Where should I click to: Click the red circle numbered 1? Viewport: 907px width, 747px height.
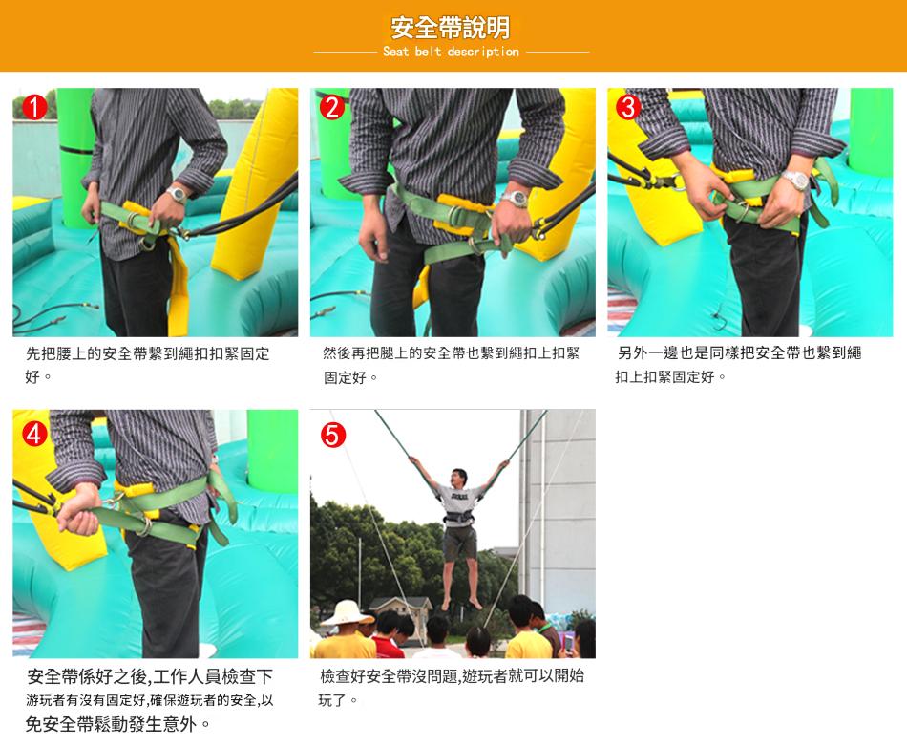(34, 107)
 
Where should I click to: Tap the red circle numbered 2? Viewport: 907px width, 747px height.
(332, 107)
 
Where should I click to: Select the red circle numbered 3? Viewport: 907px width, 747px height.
(629, 107)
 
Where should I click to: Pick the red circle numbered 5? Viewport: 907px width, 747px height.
(332, 435)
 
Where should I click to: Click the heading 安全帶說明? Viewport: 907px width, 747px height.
(451, 27)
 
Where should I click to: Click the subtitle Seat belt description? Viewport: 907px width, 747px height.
(451, 52)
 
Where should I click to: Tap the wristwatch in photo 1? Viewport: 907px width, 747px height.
(177, 194)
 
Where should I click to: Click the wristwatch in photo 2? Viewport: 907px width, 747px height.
(515, 199)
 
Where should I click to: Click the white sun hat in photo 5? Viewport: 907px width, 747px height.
(347, 613)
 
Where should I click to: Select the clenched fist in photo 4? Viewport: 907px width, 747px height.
(77, 511)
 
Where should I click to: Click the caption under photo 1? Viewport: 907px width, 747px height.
(147, 365)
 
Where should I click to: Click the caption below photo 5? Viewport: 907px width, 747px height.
(452, 688)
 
